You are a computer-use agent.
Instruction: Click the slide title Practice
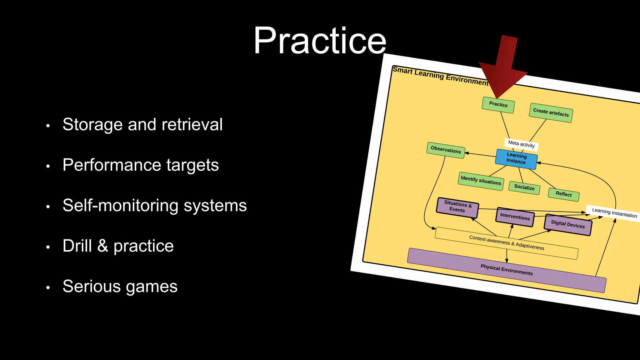(320, 41)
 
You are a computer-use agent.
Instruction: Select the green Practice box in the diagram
(498, 105)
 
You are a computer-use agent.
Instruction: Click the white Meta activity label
(521, 144)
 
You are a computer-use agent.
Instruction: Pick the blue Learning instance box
(516, 158)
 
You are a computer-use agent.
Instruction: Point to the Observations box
(446, 150)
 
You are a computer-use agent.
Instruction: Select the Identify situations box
(481, 181)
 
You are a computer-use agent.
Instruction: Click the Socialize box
(524, 187)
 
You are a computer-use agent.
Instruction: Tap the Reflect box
(563, 194)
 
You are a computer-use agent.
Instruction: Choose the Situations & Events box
(457, 207)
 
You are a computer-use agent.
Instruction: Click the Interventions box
(515, 217)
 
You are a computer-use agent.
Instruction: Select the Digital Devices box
(568, 224)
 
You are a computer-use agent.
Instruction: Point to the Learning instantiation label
(614, 213)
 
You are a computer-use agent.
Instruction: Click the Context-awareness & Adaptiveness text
(506, 243)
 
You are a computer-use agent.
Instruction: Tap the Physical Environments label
(507, 270)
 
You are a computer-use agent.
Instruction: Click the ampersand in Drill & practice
(102, 246)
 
